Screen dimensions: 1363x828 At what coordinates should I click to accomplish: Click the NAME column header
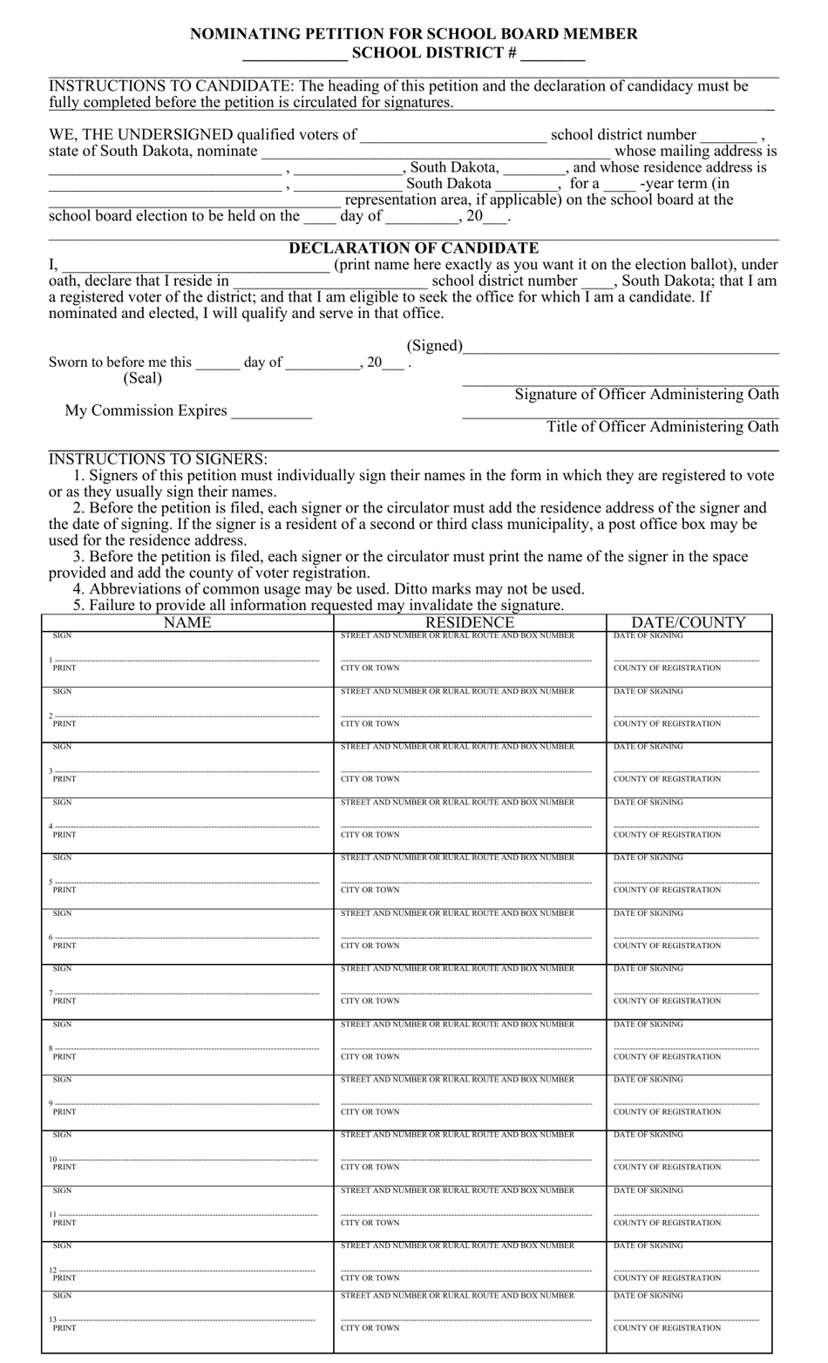click(187, 622)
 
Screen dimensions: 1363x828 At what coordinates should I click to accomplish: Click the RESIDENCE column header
click(469, 622)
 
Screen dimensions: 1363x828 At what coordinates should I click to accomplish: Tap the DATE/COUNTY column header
click(689, 622)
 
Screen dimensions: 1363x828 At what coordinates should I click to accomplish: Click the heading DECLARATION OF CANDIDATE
click(414, 248)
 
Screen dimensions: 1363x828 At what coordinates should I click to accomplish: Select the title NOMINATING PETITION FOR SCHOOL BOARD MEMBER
click(414, 34)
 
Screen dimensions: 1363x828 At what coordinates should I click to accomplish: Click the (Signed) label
click(434, 346)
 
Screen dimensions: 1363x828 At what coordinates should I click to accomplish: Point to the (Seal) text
click(142, 378)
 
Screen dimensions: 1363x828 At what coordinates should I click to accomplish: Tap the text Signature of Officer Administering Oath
click(647, 395)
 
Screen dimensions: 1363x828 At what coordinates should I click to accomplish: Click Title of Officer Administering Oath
click(662, 427)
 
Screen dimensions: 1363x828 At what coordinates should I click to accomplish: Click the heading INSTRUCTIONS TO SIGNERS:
click(158, 459)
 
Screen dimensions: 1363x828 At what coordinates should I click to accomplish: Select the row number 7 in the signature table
click(51, 993)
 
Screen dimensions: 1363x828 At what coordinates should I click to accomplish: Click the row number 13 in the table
click(51, 1320)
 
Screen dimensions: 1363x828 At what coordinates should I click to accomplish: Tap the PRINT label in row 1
click(64, 668)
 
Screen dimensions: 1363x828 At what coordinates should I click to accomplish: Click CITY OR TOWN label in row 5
click(370, 891)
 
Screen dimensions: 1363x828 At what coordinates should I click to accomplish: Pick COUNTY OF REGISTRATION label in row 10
click(667, 1167)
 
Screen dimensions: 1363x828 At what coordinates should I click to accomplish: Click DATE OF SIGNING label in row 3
click(648, 747)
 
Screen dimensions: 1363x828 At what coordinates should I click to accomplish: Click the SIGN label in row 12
click(62, 1246)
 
